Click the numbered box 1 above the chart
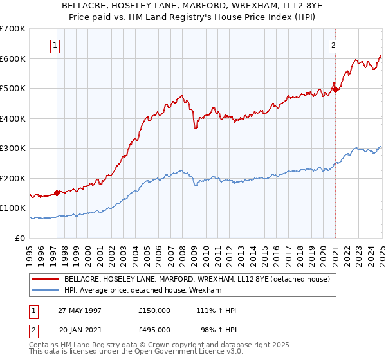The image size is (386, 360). click(55, 46)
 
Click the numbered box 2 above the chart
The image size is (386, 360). click(334, 46)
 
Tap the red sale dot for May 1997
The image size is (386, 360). click(57, 192)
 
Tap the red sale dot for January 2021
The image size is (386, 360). click(336, 89)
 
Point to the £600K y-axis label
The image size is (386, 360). click(13, 59)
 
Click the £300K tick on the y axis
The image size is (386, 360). click(13, 148)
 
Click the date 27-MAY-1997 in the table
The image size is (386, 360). click(80, 310)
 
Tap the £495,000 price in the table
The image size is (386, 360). click(154, 330)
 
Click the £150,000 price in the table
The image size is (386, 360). click(154, 310)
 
